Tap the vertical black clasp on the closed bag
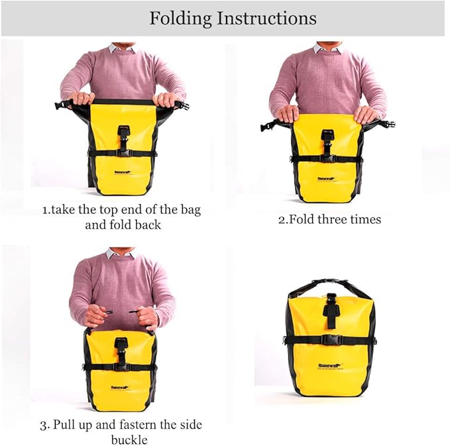click(x=330, y=311)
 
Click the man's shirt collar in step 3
click(x=121, y=253)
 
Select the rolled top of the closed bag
click(x=329, y=287)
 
